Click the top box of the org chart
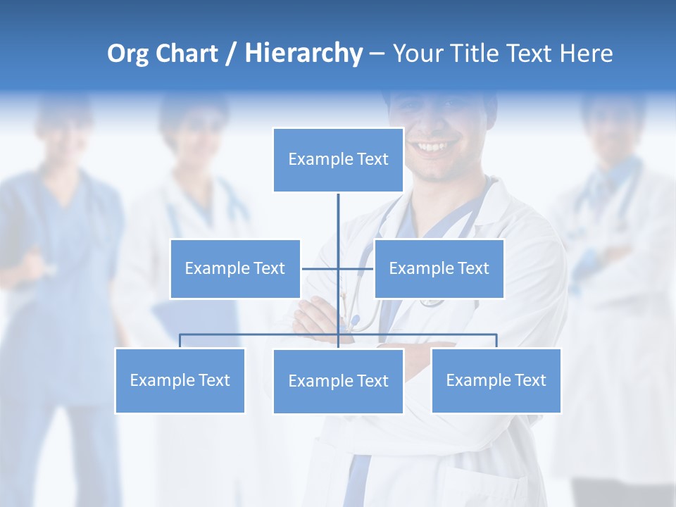pos(338,160)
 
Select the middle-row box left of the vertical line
pos(235,268)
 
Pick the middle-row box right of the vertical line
pos(439,268)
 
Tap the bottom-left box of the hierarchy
pos(180,380)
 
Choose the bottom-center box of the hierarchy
pos(338,381)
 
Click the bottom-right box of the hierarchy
pos(496,380)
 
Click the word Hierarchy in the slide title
pos(303,54)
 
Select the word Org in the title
pos(127,54)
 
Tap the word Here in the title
pos(586,54)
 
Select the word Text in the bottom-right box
pos(530,380)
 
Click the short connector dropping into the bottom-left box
pos(180,341)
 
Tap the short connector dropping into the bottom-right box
pos(496,341)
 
